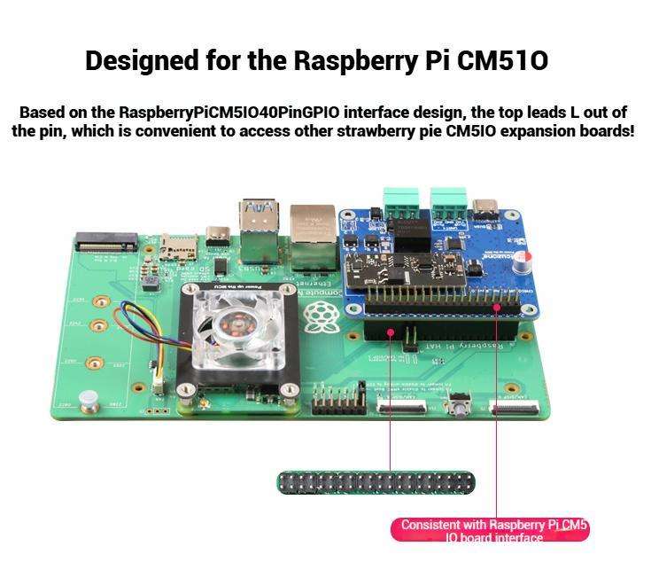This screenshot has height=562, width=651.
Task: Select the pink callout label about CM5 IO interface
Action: point(490,530)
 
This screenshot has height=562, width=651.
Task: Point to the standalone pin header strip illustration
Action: point(376,483)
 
